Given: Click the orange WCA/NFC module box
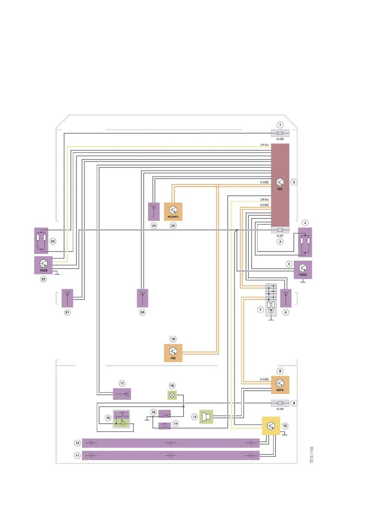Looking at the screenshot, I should pos(173,212).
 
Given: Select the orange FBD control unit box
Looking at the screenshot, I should pos(173,353).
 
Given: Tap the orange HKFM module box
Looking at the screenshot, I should pos(280,385).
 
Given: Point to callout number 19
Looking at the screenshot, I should pos(173,339).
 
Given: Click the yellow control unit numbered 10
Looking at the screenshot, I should pos(271,426).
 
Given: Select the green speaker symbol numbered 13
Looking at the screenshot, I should pos(206,417).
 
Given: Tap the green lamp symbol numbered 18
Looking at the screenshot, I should pos(172,395).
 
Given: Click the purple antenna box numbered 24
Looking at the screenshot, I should pos(154,212).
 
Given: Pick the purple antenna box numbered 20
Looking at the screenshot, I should pos(142,298).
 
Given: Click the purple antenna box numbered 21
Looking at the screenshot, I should pos(67,298).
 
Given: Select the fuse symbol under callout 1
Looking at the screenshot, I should pos(280,133).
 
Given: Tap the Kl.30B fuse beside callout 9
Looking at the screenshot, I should pos(280,403).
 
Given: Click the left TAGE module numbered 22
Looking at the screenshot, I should pos(43,265).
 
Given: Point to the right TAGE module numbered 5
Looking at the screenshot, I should pos(302,270).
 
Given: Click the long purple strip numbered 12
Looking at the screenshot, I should pos(171,443).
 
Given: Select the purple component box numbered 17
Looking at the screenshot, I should pos(122,394).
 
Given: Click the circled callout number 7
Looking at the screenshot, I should pos(260,310).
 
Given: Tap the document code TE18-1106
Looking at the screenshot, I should pos(312,455).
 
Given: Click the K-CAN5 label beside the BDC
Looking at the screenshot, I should pos(264,182).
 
